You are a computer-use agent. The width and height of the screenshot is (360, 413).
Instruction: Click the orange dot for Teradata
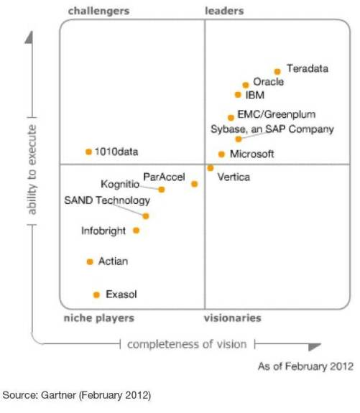277,71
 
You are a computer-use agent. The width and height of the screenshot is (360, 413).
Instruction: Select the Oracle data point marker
246,85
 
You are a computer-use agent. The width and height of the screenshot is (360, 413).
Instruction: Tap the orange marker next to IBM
238,94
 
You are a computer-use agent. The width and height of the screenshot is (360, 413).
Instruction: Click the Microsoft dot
221,154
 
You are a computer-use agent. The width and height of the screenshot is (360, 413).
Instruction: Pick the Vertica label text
234,177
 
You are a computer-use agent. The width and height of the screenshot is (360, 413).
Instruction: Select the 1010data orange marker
88,152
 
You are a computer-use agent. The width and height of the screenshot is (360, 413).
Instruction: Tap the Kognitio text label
120,184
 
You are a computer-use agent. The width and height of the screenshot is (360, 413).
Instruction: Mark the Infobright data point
137,231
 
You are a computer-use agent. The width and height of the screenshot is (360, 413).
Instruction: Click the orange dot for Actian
90,261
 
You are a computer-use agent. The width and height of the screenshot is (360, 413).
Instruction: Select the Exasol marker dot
96,294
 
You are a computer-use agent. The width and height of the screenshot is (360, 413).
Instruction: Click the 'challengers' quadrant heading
98,11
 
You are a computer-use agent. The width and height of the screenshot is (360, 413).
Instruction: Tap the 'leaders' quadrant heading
224,11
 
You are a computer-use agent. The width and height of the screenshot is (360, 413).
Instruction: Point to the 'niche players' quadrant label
98,318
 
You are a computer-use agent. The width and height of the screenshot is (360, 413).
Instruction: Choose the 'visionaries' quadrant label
232,318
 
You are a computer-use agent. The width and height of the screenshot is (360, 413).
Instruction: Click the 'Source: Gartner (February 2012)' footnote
77,394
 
